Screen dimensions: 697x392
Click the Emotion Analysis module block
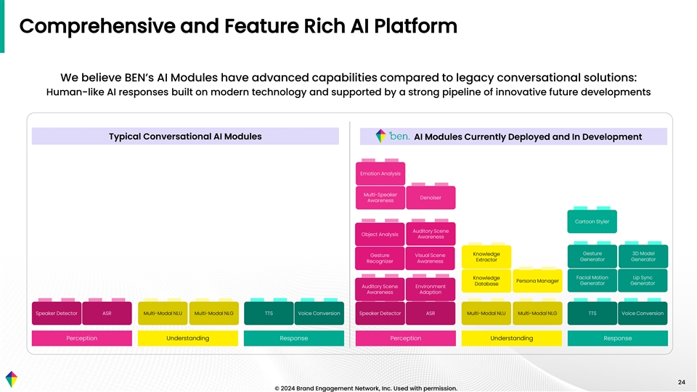tap(380, 173)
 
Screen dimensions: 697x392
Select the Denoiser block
tap(431, 197)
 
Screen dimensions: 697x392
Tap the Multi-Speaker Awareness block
tap(380, 197)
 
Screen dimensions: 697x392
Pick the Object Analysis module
tap(380, 234)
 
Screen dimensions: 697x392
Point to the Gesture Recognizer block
tap(380, 258)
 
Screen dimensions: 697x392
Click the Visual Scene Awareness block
tap(431, 258)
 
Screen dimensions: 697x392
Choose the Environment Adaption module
tap(431, 290)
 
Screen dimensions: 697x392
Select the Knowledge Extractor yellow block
tap(486, 257)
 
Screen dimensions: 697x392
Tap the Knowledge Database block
tap(486, 281)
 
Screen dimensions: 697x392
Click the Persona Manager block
tap(537, 281)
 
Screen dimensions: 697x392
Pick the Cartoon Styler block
tap(592, 221)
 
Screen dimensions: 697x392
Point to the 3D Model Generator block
tap(643, 256)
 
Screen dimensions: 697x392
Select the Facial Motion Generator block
tap(592, 280)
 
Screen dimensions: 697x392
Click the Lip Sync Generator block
tap(643, 280)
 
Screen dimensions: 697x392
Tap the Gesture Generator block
tap(592, 256)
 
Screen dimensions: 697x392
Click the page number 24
tap(682, 383)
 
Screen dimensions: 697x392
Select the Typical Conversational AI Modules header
tap(185, 136)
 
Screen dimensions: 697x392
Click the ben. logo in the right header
tap(393, 136)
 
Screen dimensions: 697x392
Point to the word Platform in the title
tap(415, 26)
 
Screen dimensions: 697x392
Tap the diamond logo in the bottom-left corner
tap(12, 380)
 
